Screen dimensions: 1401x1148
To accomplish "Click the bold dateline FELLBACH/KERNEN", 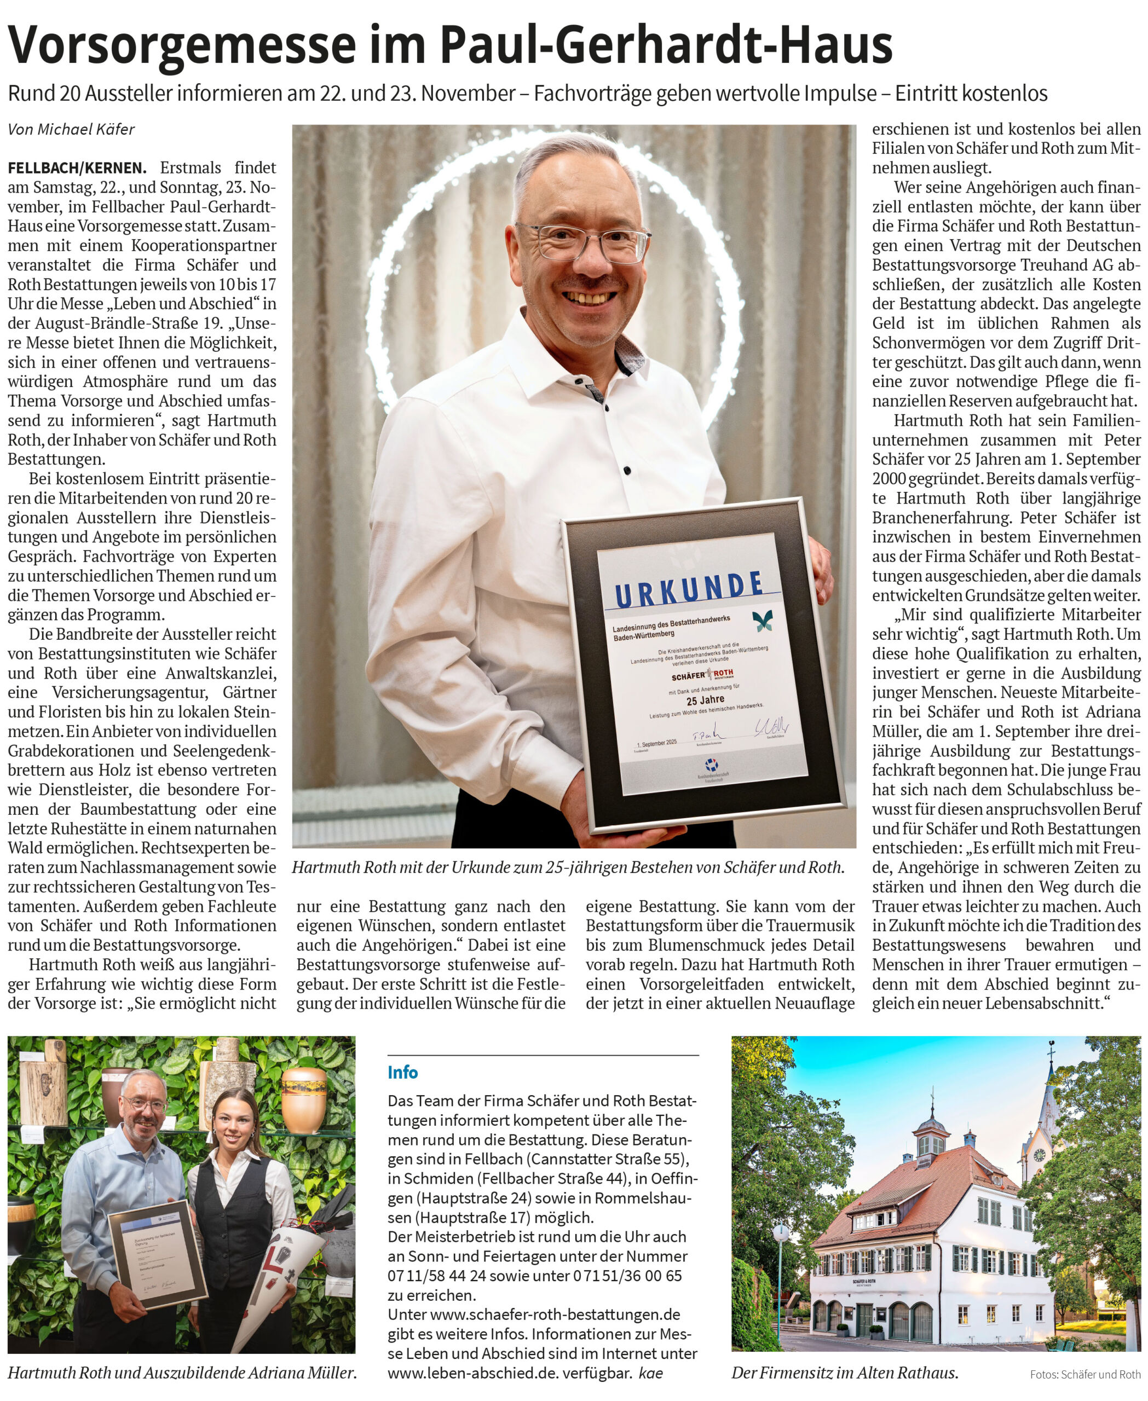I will coord(77,168).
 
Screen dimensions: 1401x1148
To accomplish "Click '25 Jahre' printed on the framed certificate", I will coord(705,700).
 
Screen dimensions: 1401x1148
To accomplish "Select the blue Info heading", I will coord(403,1073).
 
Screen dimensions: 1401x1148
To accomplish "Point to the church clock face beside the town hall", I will coord(1040,1155).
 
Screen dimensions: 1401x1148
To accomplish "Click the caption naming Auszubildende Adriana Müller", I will coord(182,1373).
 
